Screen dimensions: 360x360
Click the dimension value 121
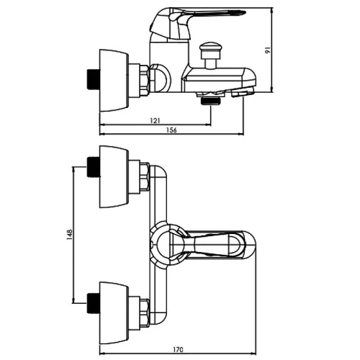click(x=155, y=120)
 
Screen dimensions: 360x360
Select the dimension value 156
click(x=171, y=130)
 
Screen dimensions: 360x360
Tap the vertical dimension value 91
click(x=268, y=50)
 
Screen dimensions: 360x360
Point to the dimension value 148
click(x=70, y=235)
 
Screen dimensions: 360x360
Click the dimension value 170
click(x=178, y=350)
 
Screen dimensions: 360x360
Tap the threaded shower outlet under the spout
click(x=211, y=101)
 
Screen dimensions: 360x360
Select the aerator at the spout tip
click(x=242, y=92)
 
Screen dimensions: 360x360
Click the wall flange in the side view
click(x=114, y=81)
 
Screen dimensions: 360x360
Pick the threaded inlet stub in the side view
click(x=93, y=80)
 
